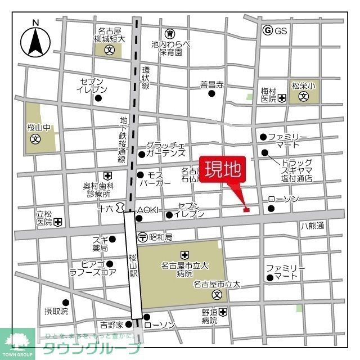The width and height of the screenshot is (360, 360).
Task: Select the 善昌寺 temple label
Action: point(212,85)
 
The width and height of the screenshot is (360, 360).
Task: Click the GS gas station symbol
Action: point(267,31)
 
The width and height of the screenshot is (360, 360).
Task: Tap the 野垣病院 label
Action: point(210,316)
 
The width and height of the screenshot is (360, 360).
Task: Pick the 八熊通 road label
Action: point(312,226)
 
